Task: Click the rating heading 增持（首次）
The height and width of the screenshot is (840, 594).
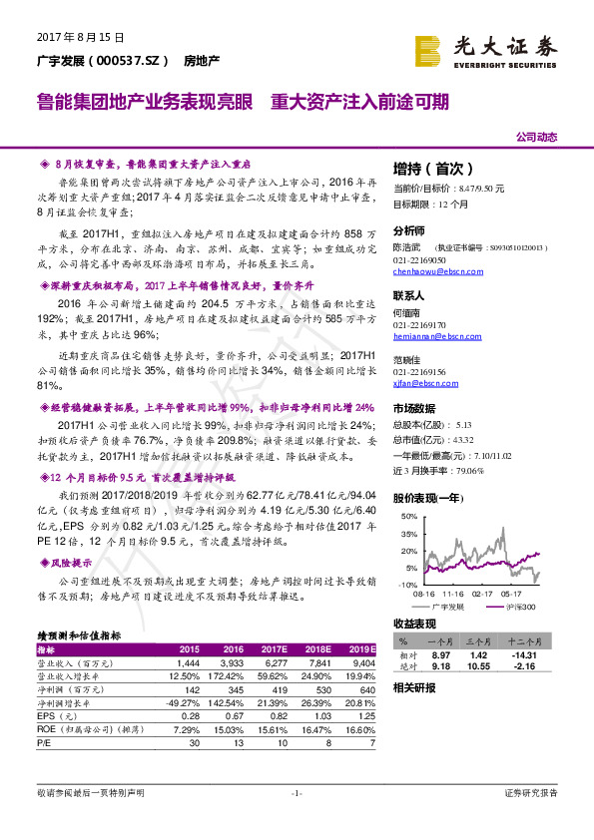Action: coord(430,169)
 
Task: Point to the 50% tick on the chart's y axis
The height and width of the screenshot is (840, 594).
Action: coord(407,517)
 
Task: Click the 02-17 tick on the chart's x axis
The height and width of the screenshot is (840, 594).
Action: coord(483,592)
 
